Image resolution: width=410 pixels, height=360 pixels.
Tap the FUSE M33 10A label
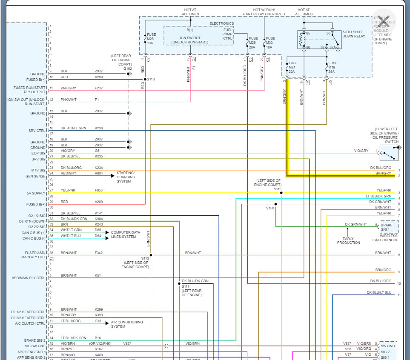tap(270, 43)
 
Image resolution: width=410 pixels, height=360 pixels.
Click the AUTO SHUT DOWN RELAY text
tap(354, 34)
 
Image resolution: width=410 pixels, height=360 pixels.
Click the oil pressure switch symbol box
tap(389, 152)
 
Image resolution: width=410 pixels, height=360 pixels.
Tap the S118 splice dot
tap(145, 79)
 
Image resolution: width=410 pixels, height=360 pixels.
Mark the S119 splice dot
tap(281, 193)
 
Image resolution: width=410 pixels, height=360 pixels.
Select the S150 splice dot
tap(275, 204)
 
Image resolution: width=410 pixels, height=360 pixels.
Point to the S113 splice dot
tap(151, 255)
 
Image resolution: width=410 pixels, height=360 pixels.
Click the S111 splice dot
tap(179, 283)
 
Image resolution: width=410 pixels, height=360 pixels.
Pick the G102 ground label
tap(127, 68)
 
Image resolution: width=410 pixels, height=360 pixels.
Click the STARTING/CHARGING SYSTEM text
tap(126, 177)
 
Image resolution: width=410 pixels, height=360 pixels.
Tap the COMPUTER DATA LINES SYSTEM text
tap(126, 234)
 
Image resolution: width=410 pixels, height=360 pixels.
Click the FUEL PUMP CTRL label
tap(228, 34)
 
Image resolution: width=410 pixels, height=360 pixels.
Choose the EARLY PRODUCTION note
tap(348, 240)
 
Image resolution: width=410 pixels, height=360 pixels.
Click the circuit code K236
tap(99, 128)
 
